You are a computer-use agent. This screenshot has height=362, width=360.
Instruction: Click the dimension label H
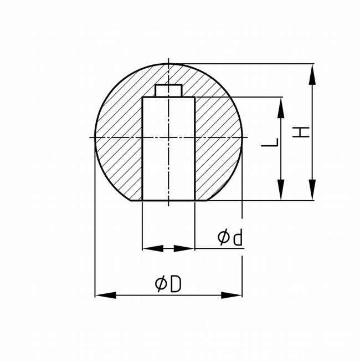point(301,132)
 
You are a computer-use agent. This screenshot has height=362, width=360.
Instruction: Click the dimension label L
point(270,142)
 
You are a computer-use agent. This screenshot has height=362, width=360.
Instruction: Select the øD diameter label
point(168,284)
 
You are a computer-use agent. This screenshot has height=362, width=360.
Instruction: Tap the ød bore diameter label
point(230,237)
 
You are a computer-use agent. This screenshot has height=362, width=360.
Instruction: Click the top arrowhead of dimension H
point(312,75)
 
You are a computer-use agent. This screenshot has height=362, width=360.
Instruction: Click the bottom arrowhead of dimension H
point(312,190)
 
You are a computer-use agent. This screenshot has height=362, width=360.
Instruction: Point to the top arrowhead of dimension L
point(281,108)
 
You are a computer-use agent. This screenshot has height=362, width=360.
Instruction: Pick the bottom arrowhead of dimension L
point(281,190)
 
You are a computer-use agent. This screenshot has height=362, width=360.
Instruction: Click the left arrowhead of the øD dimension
point(106,295)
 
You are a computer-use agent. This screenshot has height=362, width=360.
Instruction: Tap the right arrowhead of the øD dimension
point(232,295)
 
